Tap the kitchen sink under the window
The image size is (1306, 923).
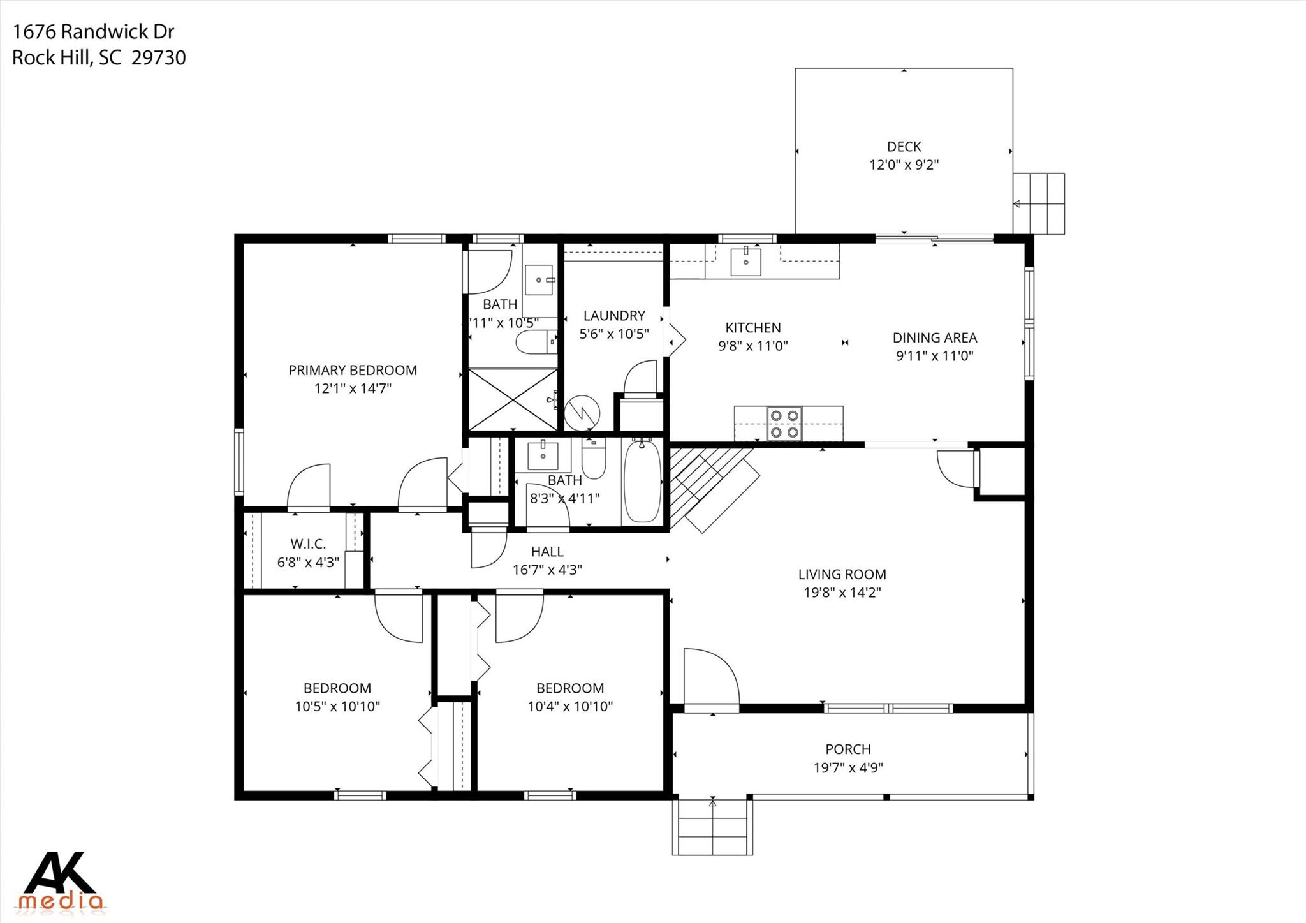click(x=745, y=262)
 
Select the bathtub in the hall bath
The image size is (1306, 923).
click(x=642, y=482)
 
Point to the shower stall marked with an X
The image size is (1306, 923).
click(x=512, y=399)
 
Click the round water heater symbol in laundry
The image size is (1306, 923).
click(x=582, y=413)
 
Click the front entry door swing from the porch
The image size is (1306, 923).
click(x=710, y=679)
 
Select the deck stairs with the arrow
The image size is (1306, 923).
click(x=1039, y=203)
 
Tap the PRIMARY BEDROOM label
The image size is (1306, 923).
click(x=353, y=370)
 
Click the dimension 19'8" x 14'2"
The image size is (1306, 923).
click(x=842, y=593)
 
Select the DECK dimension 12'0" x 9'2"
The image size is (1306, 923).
click(x=904, y=165)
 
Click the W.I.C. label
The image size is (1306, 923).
click(x=308, y=544)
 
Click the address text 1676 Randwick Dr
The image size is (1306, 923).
click(x=93, y=32)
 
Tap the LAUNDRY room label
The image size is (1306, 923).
click(x=614, y=316)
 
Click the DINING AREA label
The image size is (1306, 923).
click(x=934, y=338)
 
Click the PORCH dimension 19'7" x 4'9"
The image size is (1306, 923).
click(x=847, y=768)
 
